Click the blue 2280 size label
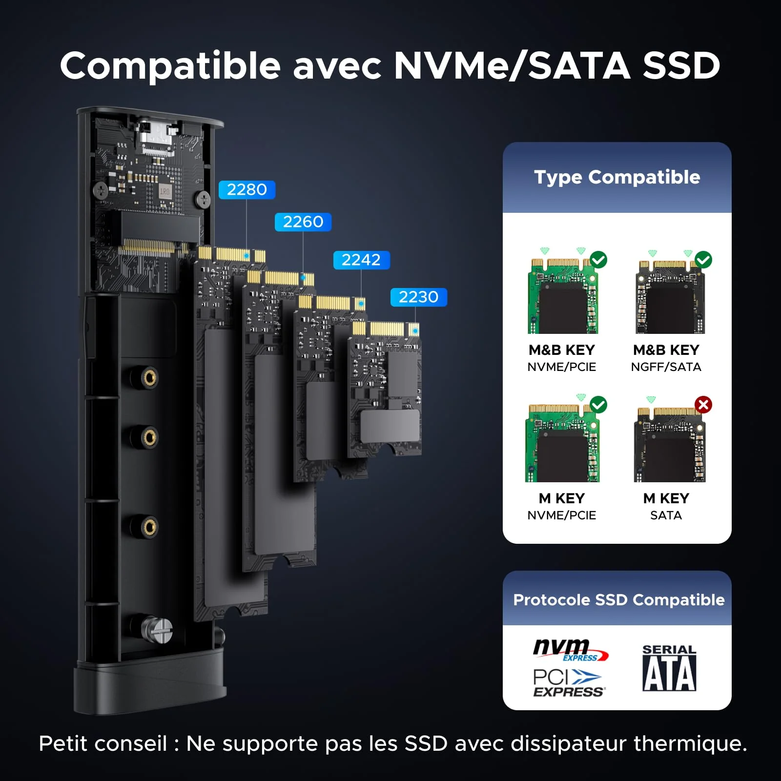[x=247, y=189]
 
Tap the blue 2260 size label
[x=303, y=222]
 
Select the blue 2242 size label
[x=361, y=260]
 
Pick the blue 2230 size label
[x=419, y=297]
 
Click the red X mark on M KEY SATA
[x=703, y=405]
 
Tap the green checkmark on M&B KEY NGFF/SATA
[x=703, y=260]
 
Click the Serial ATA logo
[x=669, y=668]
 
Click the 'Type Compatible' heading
[x=617, y=177]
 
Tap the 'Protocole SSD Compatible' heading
[x=619, y=600]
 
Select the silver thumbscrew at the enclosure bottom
[x=157, y=630]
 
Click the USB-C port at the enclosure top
[x=155, y=133]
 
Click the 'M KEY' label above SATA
[x=666, y=498]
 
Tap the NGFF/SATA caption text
[x=666, y=367]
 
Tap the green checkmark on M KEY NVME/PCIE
[x=598, y=405]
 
